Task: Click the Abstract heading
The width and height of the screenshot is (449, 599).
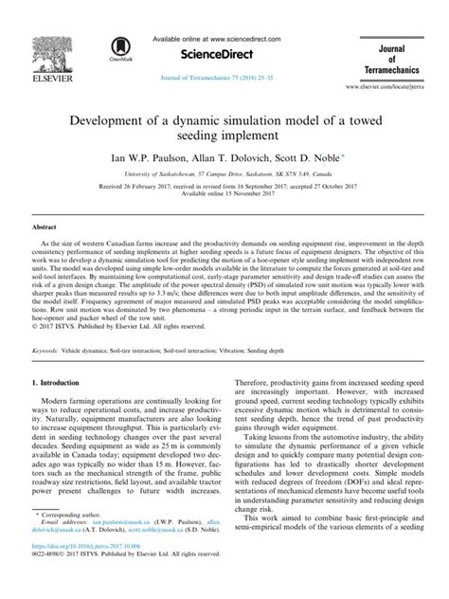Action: point(47,228)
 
